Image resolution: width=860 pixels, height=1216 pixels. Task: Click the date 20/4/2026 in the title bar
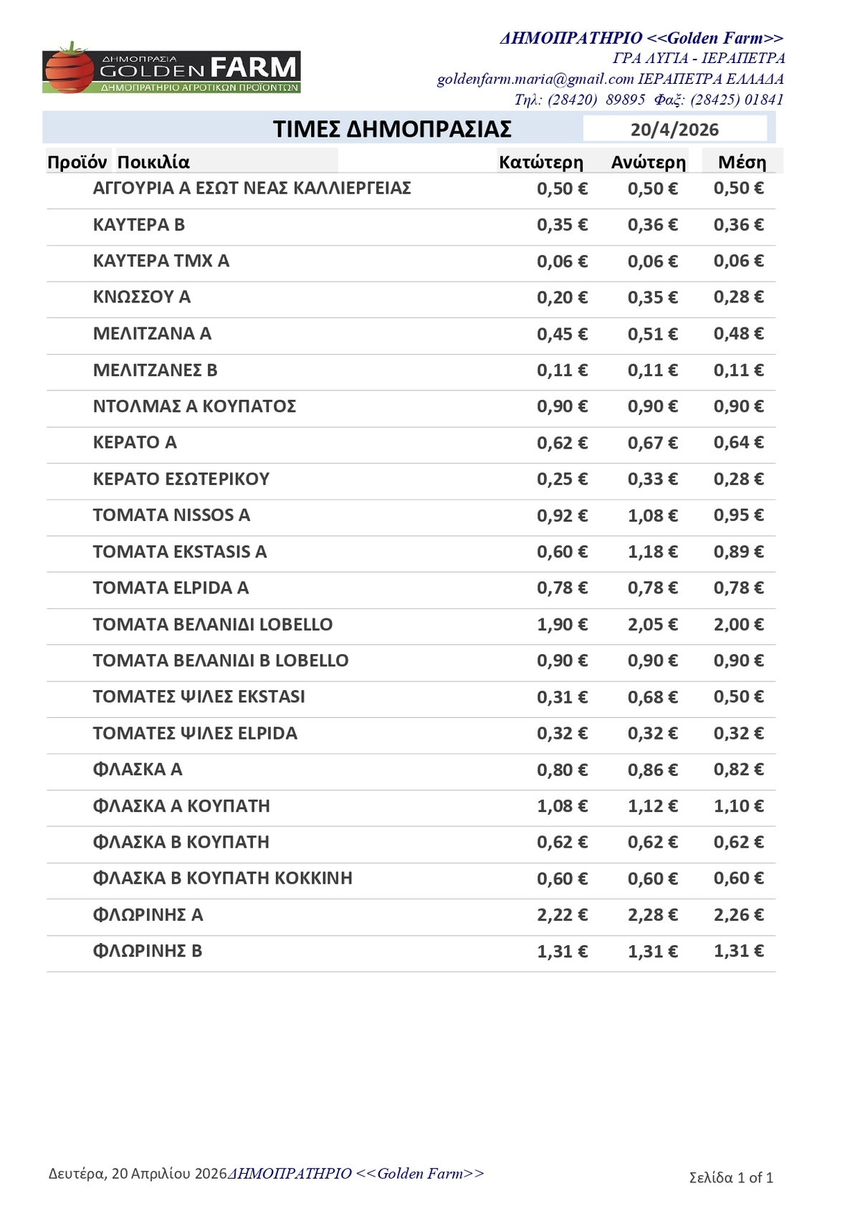[x=674, y=130]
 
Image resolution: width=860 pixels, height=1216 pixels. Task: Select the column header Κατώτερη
[x=541, y=163]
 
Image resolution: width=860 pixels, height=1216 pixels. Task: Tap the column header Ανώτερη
[x=648, y=163]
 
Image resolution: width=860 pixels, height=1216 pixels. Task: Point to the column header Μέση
[x=742, y=163]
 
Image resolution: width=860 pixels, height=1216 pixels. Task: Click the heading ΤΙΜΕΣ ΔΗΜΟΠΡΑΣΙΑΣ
[x=392, y=130]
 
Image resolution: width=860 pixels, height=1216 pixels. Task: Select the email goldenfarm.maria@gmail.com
[x=535, y=79]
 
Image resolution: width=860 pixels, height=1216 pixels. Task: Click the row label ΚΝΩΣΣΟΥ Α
[x=142, y=297]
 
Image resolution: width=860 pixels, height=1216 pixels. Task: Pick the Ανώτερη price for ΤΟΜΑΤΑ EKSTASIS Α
[x=652, y=552]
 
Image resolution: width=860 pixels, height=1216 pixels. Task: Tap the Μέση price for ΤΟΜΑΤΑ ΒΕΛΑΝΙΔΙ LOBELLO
[x=738, y=624]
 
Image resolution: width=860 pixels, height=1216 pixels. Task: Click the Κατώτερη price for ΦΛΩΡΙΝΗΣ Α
[x=562, y=915]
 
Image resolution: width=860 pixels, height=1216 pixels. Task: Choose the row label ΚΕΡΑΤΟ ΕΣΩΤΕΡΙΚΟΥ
[x=181, y=479]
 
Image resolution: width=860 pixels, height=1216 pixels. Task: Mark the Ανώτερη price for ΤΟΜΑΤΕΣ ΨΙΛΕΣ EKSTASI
[x=652, y=697]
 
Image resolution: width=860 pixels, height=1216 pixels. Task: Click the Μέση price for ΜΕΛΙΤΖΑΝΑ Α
[x=738, y=334]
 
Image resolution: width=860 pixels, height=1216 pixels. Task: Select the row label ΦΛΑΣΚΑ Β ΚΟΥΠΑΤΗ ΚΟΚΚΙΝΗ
[x=223, y=879]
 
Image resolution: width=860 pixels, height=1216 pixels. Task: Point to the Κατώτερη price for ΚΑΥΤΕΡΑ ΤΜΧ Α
[x=562, y=262]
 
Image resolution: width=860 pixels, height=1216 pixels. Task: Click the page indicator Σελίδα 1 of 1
[x=731, y=1178]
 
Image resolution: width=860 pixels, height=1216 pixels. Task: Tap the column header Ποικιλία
[x=153, y=163]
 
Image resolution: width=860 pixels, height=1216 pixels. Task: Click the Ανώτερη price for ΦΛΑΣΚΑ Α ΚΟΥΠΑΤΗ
[x=652, y=806]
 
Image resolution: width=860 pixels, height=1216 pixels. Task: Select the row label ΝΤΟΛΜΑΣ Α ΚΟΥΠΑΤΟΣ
[x=194, y=406]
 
